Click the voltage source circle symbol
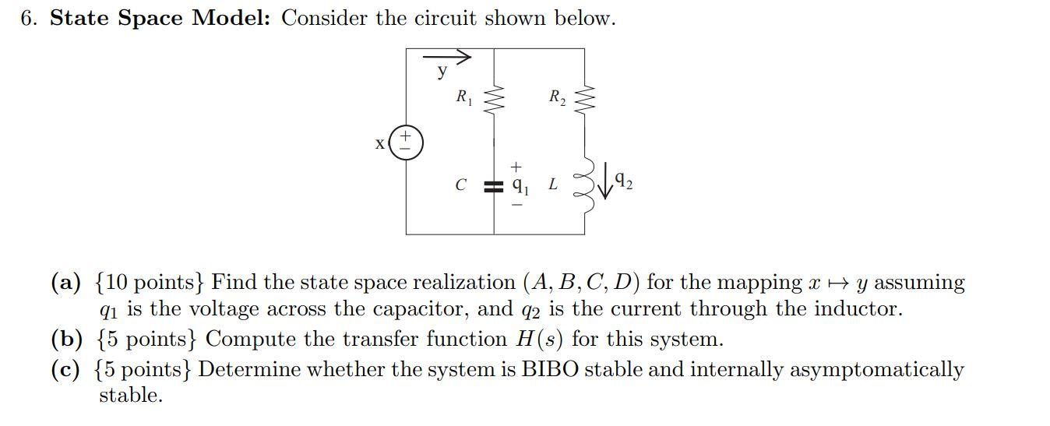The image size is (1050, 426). click(406, 143)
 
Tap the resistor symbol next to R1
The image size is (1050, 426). click(494, 98)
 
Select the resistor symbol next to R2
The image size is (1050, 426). click(584, 98)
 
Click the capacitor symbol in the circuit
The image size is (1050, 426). click(493, 187)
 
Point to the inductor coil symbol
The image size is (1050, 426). click(584, 188)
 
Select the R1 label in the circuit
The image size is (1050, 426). click(464, 98)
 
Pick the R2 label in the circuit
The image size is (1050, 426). click(557, 98)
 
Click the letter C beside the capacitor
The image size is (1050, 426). click(461, 185)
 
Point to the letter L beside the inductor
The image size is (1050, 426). click(553, 185)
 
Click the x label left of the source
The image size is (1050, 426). click(380, 144)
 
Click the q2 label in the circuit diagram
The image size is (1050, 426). click(623, 184)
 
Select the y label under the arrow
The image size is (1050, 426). click(442, 72)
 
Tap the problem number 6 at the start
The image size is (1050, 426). click(29, 18)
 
